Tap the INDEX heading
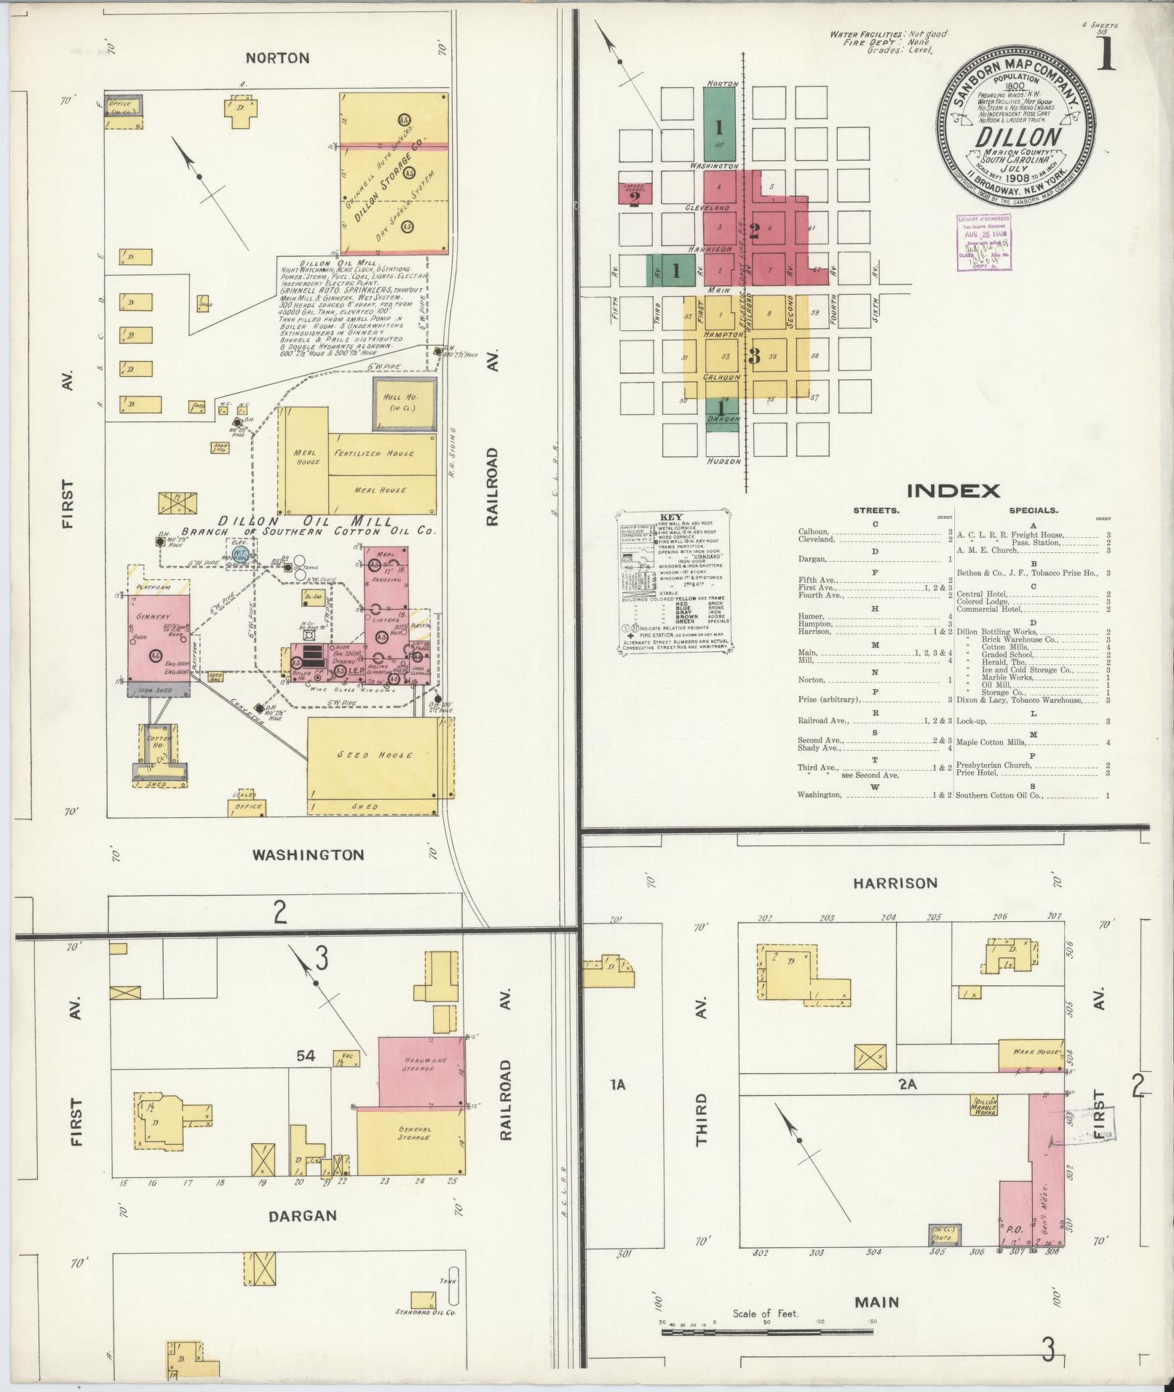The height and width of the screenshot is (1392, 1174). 953,490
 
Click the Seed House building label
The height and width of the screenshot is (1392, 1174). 374,755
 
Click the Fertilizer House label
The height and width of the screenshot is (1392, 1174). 374,453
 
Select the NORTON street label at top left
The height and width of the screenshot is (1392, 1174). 277,58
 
